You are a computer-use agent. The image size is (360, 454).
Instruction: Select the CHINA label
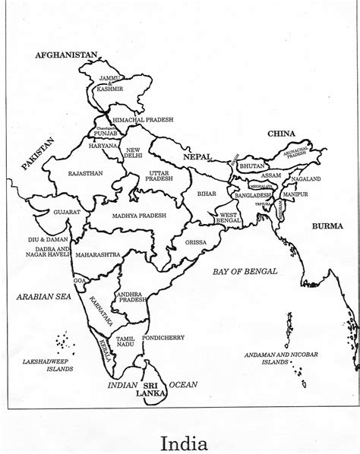tap(281, 134)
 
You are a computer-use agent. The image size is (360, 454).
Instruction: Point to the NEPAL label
tap(196, 157)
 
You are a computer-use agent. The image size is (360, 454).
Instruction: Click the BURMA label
tap(327, 226)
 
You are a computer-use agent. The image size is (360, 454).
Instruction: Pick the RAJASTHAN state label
tap(85, 174)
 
